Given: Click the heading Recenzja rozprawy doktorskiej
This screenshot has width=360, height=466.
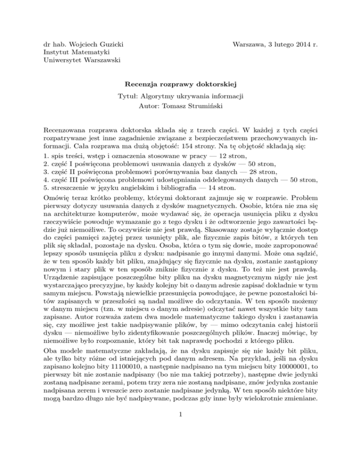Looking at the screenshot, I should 180,85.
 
